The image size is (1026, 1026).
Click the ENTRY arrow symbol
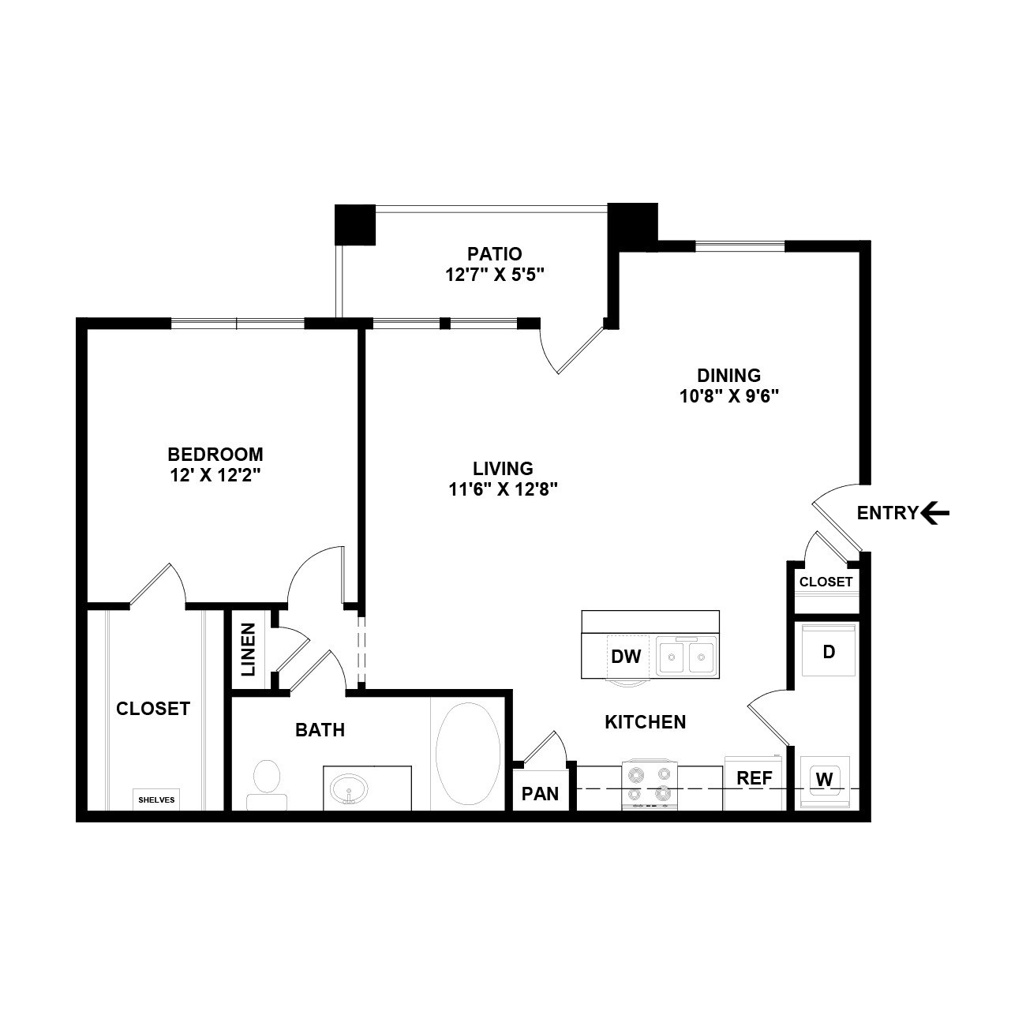pyautogui.click(x=935, y=513)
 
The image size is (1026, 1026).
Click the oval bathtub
pyautogui.click(x=468, y=754)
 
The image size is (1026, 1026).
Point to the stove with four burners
pyautogui.click(x=650, y=784)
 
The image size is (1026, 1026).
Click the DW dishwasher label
pyautogui.click(x=626, y=657)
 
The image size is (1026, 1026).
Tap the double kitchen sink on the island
pyautogui.click(x=687, y=657)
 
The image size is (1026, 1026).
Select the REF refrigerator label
pyautogui.click(x=754, y=778)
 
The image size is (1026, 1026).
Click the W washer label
pyautogui.click(x=824, y=780)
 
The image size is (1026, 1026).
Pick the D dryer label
pyautogui.click(x=829, y=652)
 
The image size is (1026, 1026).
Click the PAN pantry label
pyautogui.click(x=540, y=794)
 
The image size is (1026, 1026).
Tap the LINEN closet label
pyautogui.click(x=249, y=650)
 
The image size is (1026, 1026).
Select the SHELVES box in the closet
pyautogui.click(x=156, y=799)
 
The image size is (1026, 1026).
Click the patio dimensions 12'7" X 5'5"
pyautogui.click(x=495, y=275)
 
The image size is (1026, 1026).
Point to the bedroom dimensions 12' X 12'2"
pyautogui.click(x=215, y=474)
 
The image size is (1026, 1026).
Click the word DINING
pyautogui.click(x=729, y=376)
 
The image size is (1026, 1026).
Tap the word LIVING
pyautogui.click(x=504, y=469)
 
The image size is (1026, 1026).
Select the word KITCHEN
pyautogui.click(x=646, y=722)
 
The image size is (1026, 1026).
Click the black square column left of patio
pyautogui.click(x=355, y=225)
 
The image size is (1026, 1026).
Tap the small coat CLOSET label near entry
pyautogui.click(x=826, y=582)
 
